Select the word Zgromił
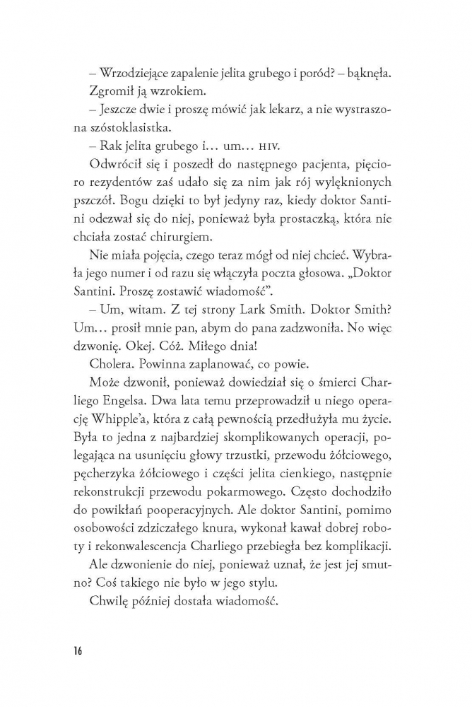pyautogui.click(x=111, y=93)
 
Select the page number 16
pyautogui.click(x=76, y=650)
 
